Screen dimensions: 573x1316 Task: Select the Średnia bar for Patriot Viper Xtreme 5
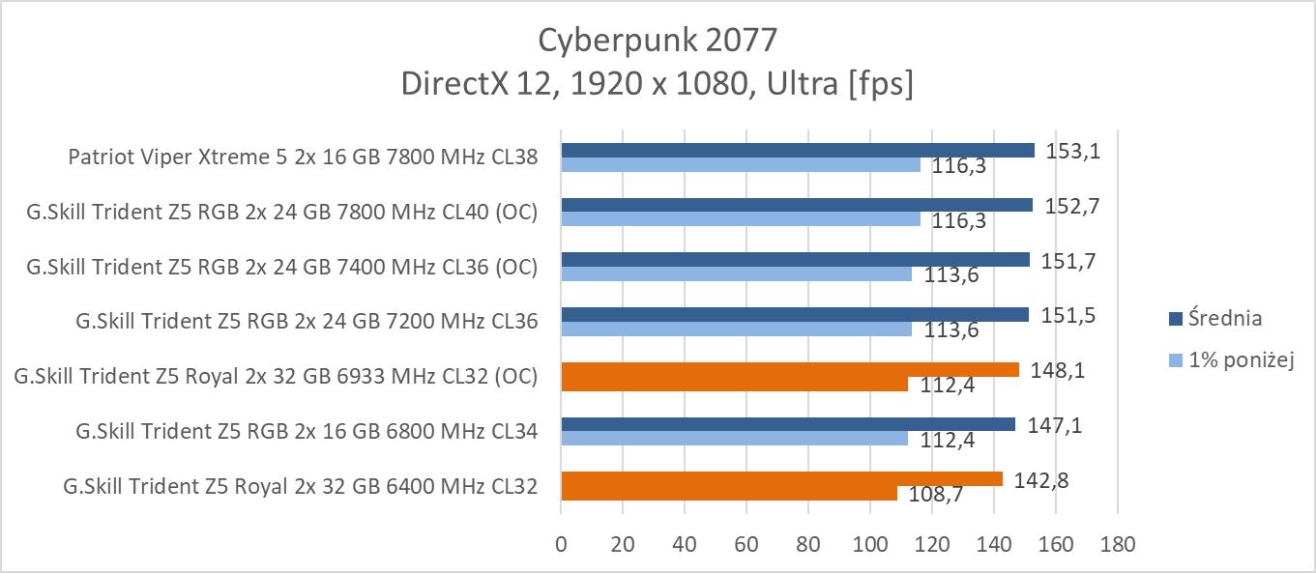pos(798,150)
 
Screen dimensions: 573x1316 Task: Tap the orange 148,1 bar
pos(790,369)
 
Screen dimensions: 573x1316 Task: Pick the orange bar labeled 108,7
pos(729,493)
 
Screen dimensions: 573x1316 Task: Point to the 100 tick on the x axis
pos(870,544)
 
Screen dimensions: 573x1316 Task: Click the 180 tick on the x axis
pos(1118,544)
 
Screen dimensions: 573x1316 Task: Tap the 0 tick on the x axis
pos(561,544)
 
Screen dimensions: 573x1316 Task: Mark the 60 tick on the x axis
pos(746,544)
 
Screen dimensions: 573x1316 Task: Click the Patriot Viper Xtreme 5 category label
pos(303,157)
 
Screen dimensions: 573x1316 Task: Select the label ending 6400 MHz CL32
pos(300,485)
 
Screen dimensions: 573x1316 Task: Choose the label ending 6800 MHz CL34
pos(307,430)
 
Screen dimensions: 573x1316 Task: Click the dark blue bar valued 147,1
pos(788,423)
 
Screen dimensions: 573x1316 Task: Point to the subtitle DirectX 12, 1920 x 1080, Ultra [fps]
pos(658,84)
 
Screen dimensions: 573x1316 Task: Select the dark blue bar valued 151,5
pos(795,314)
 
